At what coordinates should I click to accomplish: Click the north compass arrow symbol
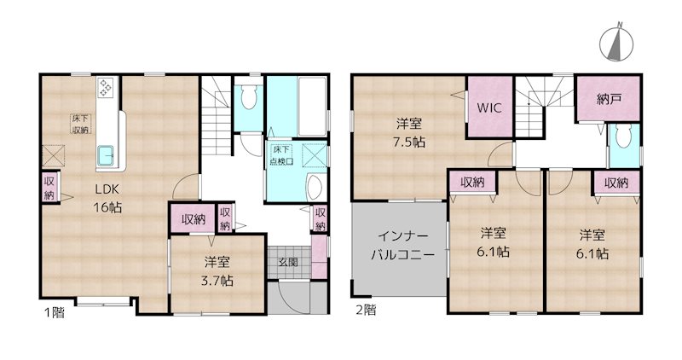(614, 44)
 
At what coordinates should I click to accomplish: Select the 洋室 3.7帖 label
(220, 271)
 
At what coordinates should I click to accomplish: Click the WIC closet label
(489, 108)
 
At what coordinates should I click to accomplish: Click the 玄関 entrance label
(287, 263)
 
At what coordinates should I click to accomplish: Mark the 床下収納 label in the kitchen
(81, 124)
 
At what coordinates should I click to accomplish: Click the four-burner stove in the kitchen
(107, 87)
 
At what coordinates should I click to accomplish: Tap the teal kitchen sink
(107, 155)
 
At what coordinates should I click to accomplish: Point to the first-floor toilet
(248, 100)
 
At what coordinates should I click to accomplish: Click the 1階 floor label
(53, 311)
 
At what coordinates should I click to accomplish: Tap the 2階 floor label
(364, 310)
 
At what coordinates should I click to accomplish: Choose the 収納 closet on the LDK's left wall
(49, 187)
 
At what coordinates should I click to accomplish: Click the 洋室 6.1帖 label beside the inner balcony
(494, 243)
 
